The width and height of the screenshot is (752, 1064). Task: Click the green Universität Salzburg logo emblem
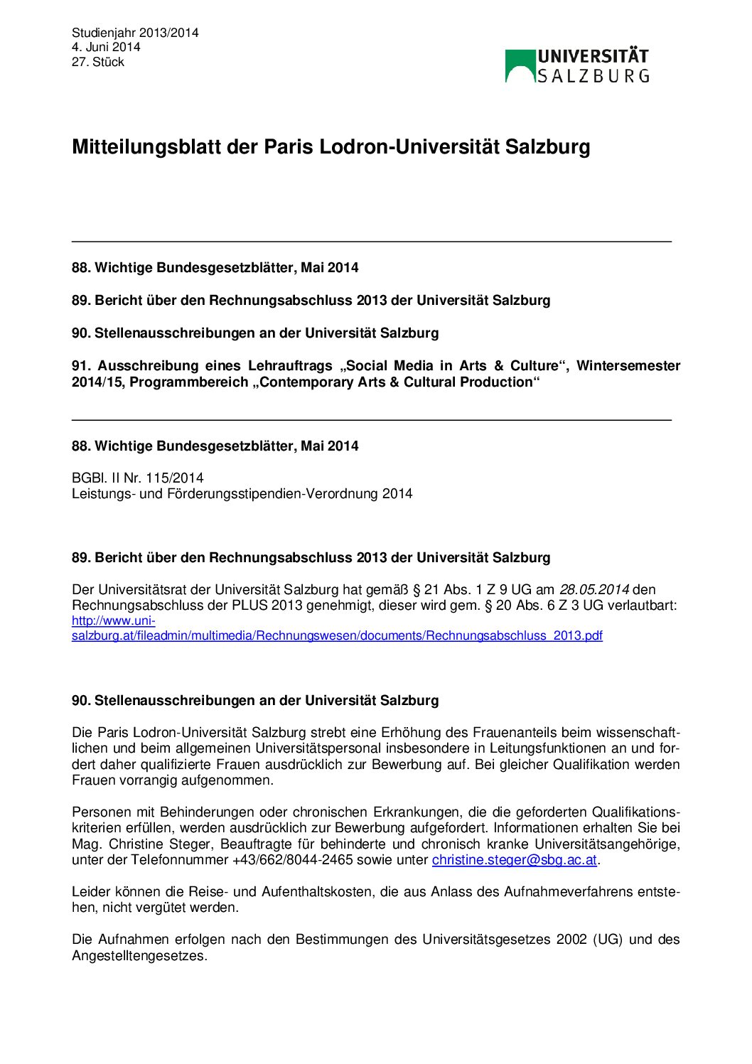pos(520,65)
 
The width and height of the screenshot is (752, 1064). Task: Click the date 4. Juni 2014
pos(106,47)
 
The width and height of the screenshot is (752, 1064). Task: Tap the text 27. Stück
pos(98,62)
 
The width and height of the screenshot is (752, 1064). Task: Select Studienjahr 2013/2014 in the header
pos(135,33)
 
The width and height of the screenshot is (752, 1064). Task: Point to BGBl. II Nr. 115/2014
pos(137,478)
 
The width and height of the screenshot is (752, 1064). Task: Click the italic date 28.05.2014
pos(593,589)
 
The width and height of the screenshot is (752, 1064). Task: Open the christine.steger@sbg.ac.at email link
pos(514,860)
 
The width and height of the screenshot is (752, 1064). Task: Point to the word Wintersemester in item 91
pos(628,365)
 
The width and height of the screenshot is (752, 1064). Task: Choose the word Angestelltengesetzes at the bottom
pos(139,955)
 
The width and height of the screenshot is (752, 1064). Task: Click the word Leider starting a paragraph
pos(88,891)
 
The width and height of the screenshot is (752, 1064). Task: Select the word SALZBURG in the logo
pos(593,76)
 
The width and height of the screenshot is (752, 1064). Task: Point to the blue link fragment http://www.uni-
pos(114,620)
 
